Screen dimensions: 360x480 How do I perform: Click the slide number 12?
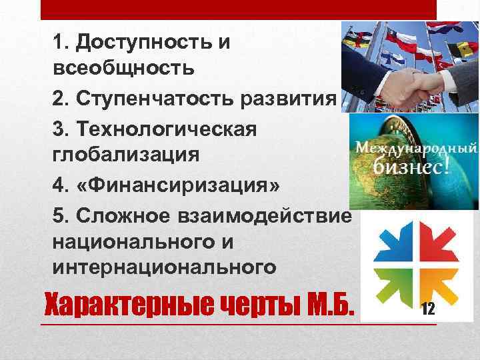[x=429, y=308]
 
